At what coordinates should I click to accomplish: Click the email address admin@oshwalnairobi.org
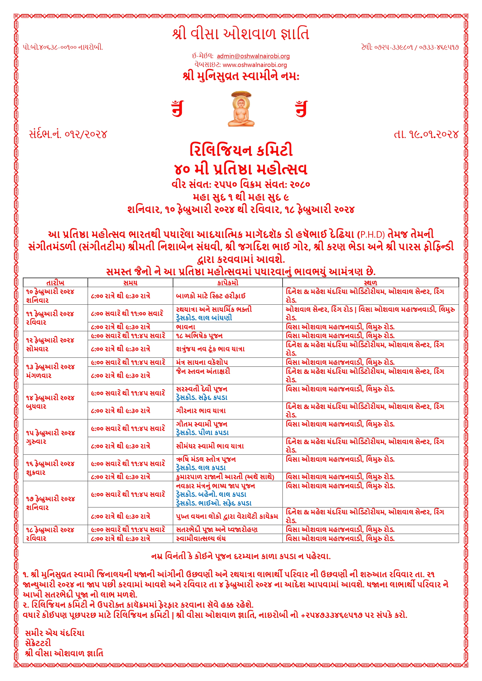pos(253,56)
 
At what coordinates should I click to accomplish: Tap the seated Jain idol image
pos(241,109)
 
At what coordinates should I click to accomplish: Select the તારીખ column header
pos(55,283)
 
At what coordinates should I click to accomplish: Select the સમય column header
pos(130,283)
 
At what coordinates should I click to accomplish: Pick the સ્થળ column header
pos(370,283)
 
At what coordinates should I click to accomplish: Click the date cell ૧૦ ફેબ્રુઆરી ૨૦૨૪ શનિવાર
pos(50,296)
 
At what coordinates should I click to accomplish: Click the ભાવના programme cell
pos(186,327)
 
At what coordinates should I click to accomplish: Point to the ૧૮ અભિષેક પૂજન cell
pos(199,336)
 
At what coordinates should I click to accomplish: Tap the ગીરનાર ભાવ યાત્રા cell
pos(201,411)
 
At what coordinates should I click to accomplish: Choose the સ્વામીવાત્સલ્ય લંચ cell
pos(201,538)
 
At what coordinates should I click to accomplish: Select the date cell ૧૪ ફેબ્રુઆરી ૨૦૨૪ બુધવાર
pos(50,402)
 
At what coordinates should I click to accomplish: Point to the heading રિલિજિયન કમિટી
pos(241,150)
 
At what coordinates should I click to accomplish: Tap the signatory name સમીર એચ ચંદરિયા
pos(55,633)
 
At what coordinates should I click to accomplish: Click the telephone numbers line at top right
pos(410,47)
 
